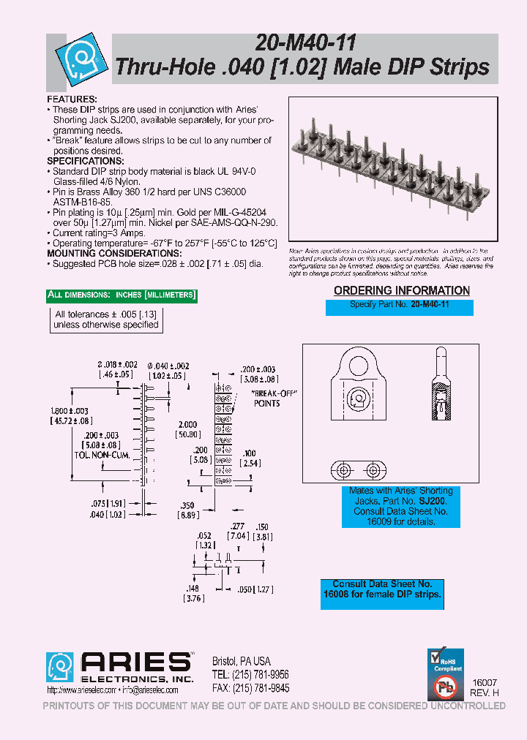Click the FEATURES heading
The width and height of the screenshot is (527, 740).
coord(72,98)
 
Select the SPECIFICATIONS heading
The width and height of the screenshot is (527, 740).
coord(86,161)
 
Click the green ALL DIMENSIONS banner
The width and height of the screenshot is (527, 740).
coord(122,295)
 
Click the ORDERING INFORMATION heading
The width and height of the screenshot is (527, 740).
coord(401,291)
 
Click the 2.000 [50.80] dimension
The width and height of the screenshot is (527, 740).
coord(187,428)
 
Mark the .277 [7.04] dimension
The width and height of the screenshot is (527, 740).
coord(236,530)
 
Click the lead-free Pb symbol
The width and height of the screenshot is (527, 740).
coord(446,687)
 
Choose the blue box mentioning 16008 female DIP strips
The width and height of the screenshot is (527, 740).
coord(382,589)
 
